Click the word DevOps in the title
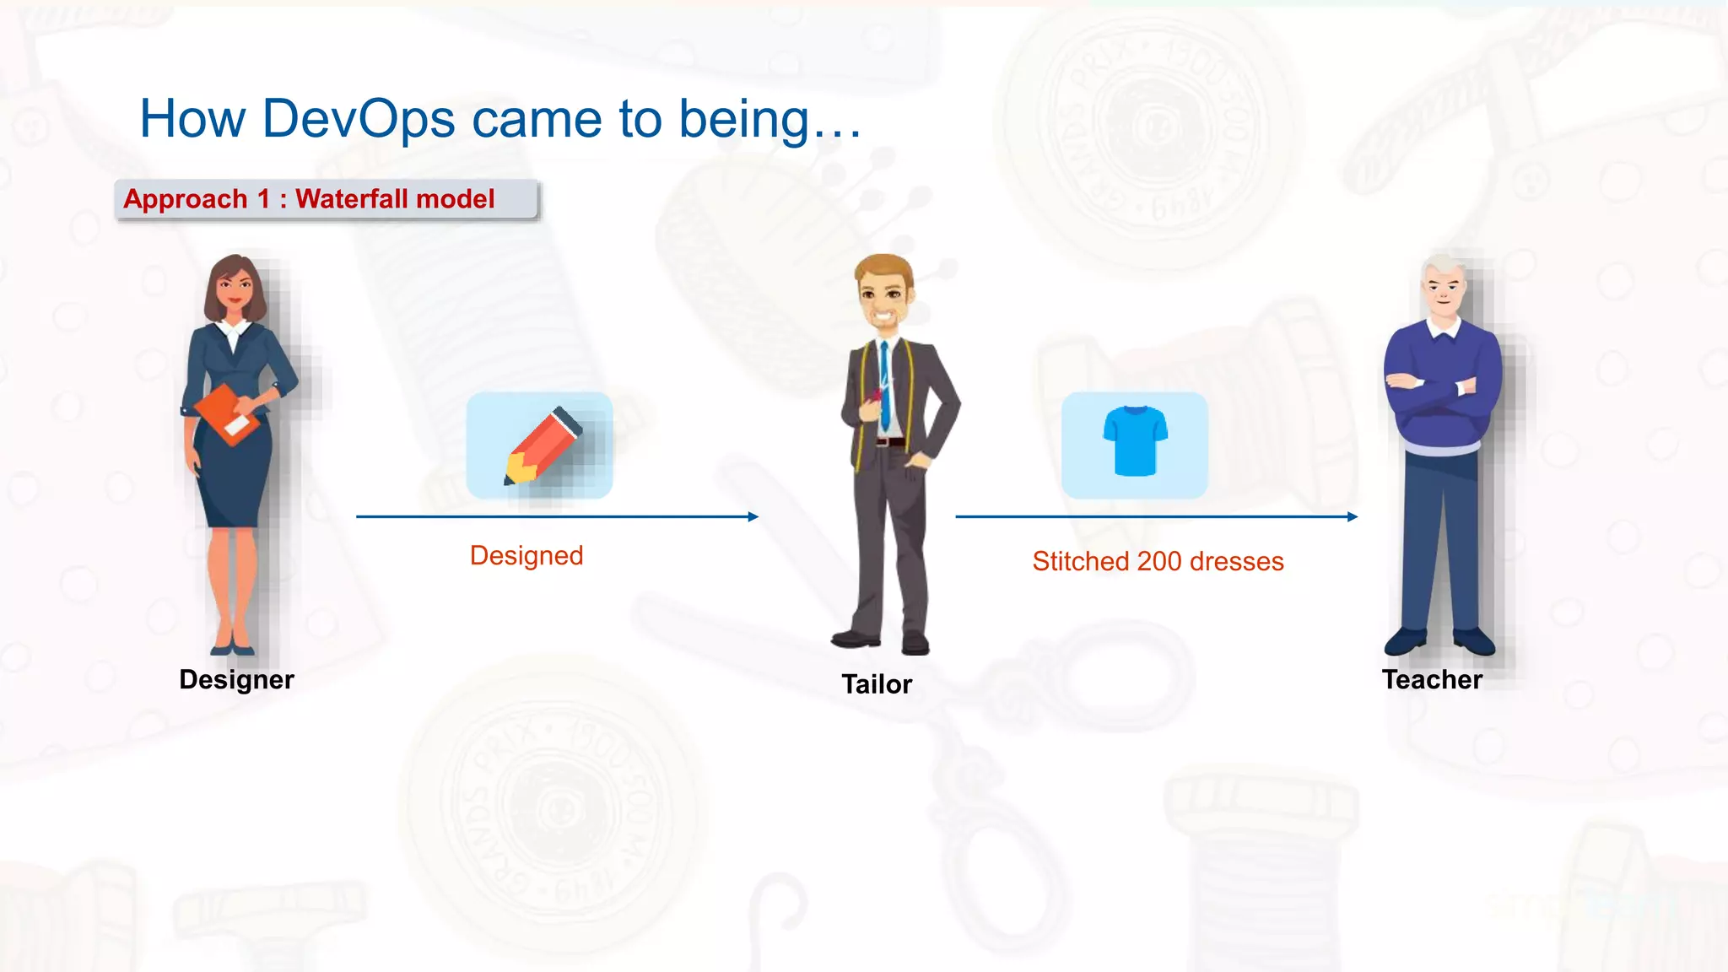click(359, 119)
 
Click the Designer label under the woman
click(236, 680)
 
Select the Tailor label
click(877, 684)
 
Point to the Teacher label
click(1432, 680)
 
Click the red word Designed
click(526, 556)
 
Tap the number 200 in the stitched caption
click(1158, 562)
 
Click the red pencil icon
click(542, 445)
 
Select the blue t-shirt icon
click(1135, 440)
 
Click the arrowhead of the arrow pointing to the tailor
click(753, 516)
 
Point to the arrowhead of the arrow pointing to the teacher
click(1353, 516)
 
